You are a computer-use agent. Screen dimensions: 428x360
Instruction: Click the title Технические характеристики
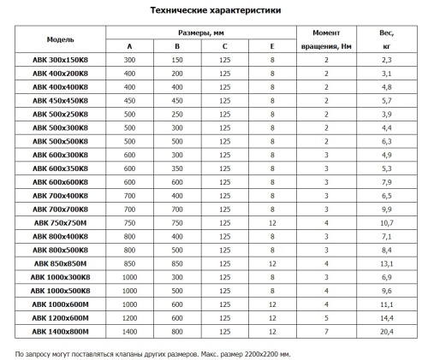pyautogui.click(x=215, y=9)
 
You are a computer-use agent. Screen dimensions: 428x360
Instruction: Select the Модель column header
pyautogui.click(x=60, y=39)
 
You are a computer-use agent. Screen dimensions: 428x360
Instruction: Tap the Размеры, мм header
pyautogui.click(x=199, y=32)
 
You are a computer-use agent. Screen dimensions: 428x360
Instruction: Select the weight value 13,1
pyautogui.click(x=386, y=263)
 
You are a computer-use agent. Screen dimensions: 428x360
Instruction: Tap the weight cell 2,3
pyautogui.click(x=386, y=60)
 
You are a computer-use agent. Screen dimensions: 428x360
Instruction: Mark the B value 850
pyautogui.click(x=177, y=263)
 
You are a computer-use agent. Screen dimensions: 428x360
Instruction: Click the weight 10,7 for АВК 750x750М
pyautogui.click(x=386, y=221)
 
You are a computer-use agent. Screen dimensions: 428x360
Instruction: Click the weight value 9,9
pyautogui.click(x=386, y=209)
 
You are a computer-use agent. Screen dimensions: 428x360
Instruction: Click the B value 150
pyautogui.click(x=177, y=60)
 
